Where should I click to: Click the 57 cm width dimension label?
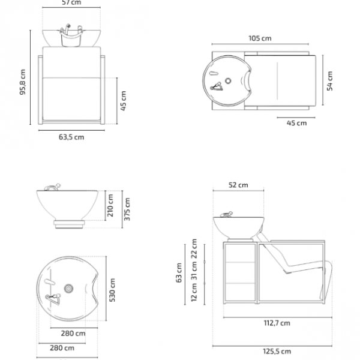(x=71, y=2)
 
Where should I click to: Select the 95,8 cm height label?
(x=23, y=82)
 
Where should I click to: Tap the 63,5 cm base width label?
(x=71, y=137)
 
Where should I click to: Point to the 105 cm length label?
(x=260, y=38)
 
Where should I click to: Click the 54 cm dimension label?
(x=329, y=81)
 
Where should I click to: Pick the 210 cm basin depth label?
(x=110, y=205)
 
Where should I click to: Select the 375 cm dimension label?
(x=127, y=209)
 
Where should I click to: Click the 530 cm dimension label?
(x=112, y=290)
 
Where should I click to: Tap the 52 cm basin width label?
(x=238, y=185)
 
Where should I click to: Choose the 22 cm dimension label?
(x=194, y=248)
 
